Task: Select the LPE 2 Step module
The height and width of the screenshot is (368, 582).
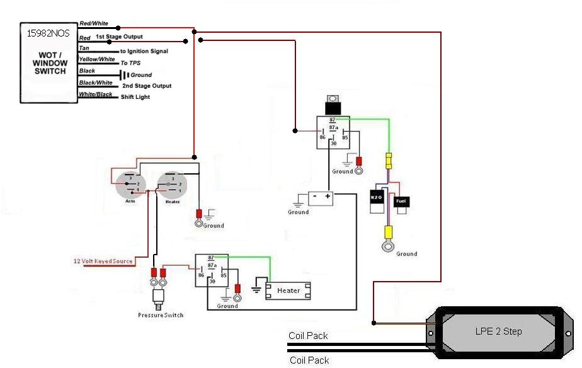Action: pyautogui.click(x=498, y=331)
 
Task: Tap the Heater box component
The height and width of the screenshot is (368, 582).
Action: pyautogui.click(x=288, y=290)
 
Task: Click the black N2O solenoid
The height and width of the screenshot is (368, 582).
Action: pyautogui.click(x=376, y=198)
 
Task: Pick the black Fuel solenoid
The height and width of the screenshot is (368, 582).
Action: pyautogui.click(x=401, y=202)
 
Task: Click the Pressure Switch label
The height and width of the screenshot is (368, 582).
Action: pyautogui.click(x=161, y=314)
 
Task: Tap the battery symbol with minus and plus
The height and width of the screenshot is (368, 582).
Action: pyautogui.click(x=321, y=197)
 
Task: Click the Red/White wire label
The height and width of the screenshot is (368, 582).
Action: pyautogui.click(x=94, y=23)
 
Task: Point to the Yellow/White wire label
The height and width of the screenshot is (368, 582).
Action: pyautogui.click(x=96, y=59)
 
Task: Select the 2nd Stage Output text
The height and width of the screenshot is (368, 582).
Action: pyautogui.click(x=147, y=86)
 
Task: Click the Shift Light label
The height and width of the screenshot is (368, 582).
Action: pyautogui.click(x=135, y=97)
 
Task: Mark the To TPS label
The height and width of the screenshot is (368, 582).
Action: pyautogui.click(x=130, y=63)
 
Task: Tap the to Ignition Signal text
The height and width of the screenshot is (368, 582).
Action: pyautogui.click(x=144, y=51)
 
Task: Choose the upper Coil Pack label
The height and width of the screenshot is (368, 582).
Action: pyautogui.click(x=309, y=336)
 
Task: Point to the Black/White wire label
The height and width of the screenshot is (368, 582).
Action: pyautogui.click(x=96, y=83)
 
